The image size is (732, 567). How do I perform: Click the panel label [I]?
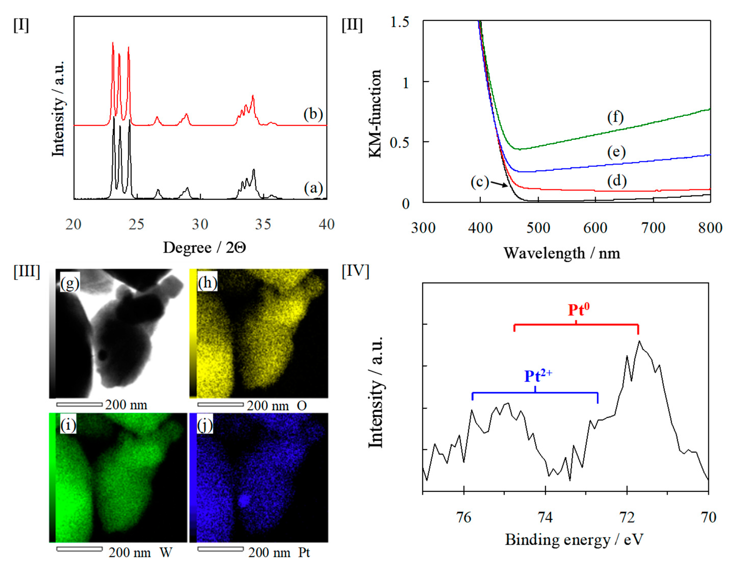(21, 25)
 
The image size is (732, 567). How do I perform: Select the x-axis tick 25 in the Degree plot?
(136, 224)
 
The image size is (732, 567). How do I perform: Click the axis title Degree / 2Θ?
(204, 248)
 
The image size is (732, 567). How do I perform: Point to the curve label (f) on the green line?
(615, 117)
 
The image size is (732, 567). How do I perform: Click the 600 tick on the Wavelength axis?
(595, 228)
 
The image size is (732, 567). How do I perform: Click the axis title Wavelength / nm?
(562, 253)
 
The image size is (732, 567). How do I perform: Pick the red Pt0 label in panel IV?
(579, 310)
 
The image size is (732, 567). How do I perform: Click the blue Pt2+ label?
(538, 376)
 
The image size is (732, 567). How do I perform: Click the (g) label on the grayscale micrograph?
(69, 284)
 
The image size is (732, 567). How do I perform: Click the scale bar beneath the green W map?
(79, 549)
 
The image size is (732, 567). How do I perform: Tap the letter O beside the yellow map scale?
(302, 406)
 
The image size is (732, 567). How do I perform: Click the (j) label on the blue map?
(205, 426)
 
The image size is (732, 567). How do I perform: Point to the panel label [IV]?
(355, 271)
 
